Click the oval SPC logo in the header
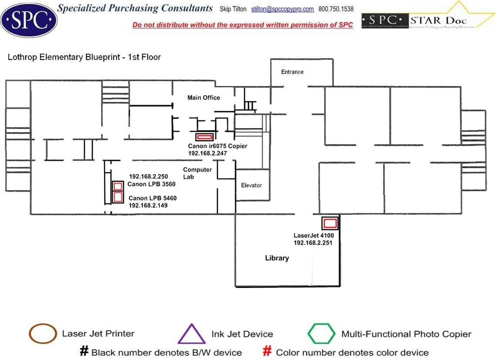[x=29, y=19]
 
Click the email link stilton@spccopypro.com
[x=282, y=9]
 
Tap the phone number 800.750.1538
[x=336, y=9]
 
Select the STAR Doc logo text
[x=438, y=20]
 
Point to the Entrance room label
[x=292, y=72]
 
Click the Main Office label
[x=204, y=97]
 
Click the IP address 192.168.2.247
[x=208, y=153]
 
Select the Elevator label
[x=251, y=185]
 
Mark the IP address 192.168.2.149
[x=148, y=205]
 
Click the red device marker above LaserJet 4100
[x=330, y=223]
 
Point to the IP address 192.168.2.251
[x=313, y=243]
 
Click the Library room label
[x=277, y=258]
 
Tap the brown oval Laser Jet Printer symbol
[x=43, y=334]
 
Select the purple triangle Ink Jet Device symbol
[x=191, y=334]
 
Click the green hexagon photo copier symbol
[x=322, y=334]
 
